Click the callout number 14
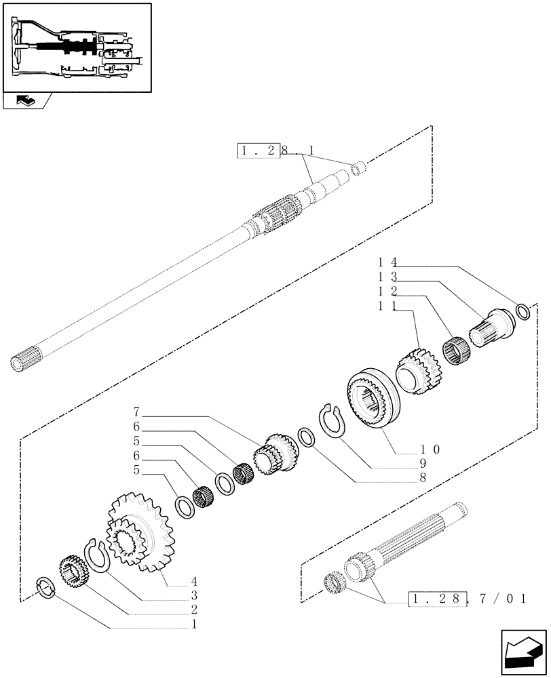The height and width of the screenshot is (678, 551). (x=386, y=260)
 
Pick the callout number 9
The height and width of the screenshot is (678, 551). (x=422, y=464)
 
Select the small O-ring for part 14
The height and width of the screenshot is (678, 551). (x=523, y=311)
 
